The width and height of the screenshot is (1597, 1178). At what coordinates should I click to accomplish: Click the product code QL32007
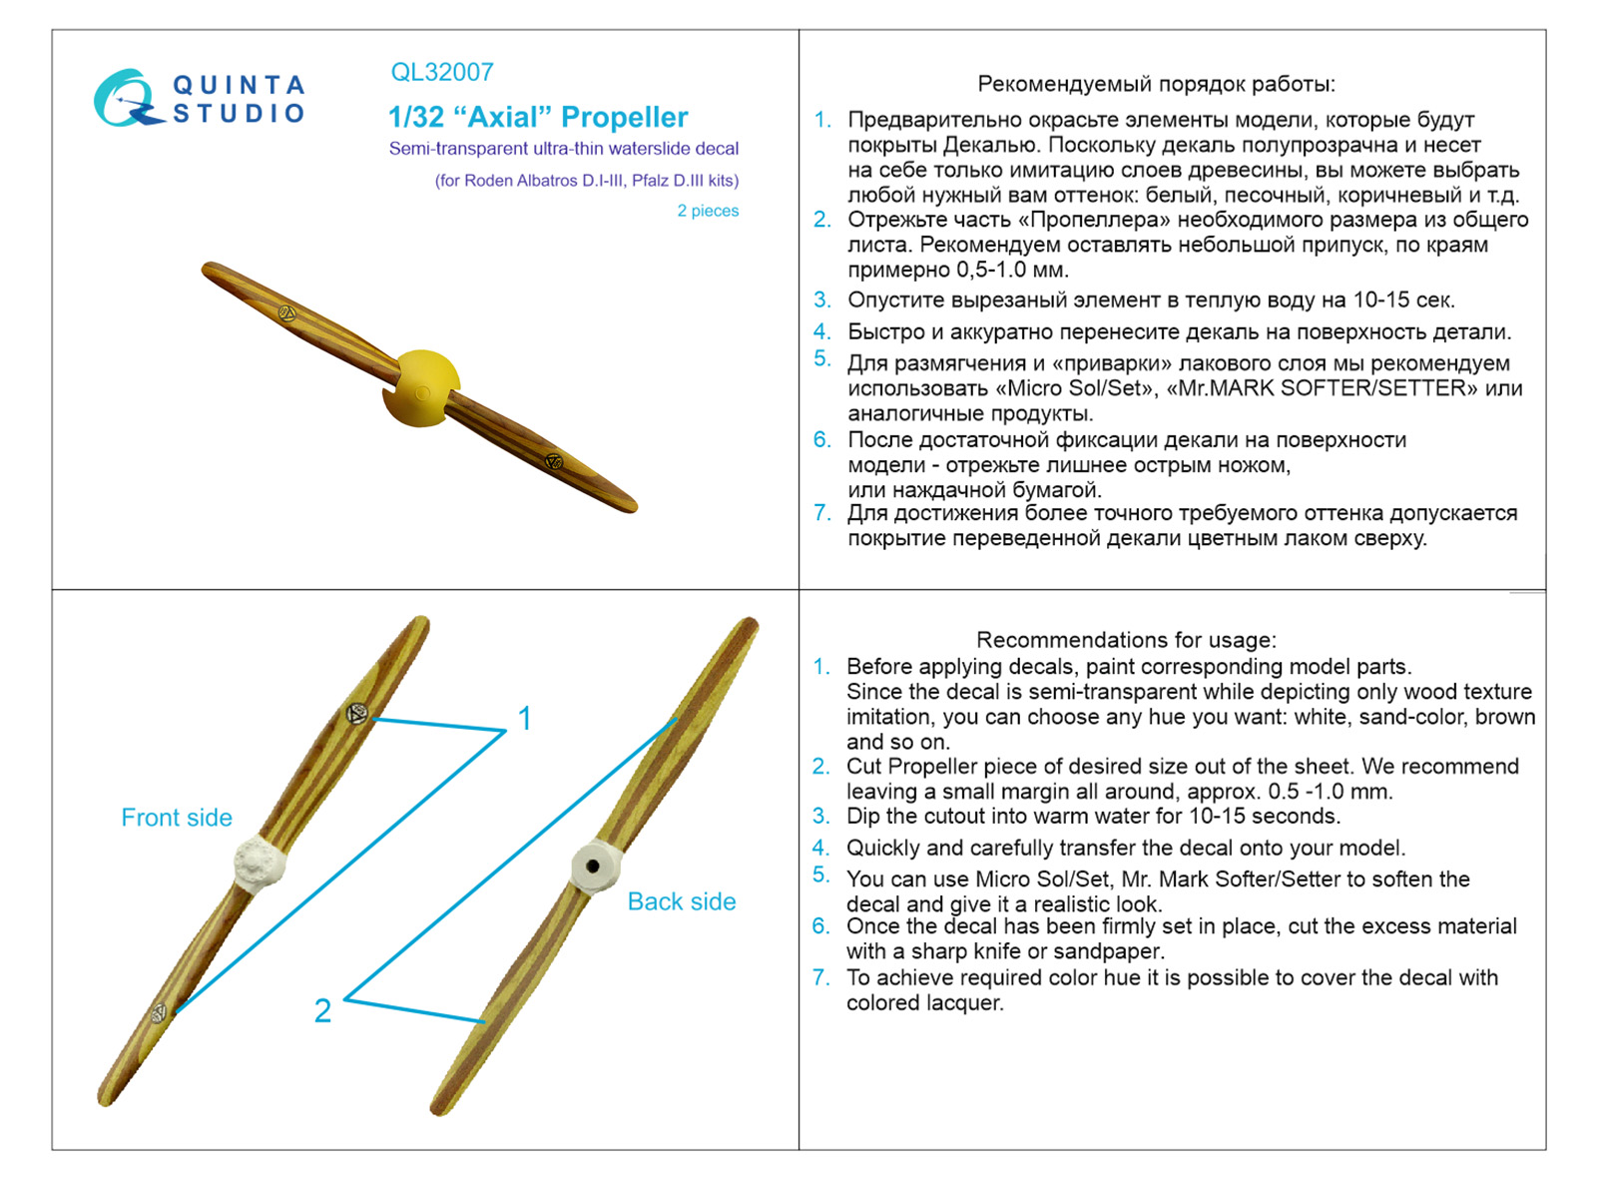coord(442,72)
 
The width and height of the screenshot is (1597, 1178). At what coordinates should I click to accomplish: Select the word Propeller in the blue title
coord(624,118)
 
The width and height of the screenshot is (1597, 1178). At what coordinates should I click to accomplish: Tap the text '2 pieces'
coord(708,211)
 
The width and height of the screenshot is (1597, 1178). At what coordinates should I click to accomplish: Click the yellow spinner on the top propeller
coord(422,387)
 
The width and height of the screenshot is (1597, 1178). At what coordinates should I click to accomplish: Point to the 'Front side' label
coord(177,818)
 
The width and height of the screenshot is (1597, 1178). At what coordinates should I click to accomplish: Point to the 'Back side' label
coord(682,901)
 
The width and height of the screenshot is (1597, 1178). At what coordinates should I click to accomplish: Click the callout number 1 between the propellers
coord(524,718)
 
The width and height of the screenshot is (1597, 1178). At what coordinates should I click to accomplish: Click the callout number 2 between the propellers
coord(322,1010)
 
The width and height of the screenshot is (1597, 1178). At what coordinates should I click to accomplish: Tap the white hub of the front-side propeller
coord(260,863)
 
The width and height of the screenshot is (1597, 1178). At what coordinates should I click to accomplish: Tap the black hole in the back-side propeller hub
coord(594,866)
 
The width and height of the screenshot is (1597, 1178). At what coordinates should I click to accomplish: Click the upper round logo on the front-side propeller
coord(356,713)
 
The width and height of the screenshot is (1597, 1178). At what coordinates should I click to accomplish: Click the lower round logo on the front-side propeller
coord(160,1013)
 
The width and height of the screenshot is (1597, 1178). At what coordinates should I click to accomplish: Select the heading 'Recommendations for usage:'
coord(1126,640)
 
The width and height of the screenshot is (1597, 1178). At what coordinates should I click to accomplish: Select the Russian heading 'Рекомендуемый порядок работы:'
coord(1156,84)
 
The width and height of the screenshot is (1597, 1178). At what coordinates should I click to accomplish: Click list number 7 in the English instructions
coord(820,977)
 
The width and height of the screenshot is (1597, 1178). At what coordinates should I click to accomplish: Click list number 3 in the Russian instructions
coord(821,299)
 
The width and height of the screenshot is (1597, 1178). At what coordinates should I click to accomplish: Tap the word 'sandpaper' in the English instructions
coord(1114,951)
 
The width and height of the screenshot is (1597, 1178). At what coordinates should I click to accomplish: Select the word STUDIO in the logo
coord(239,113)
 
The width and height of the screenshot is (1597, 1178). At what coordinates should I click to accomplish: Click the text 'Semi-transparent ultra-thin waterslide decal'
coord(564,149)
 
